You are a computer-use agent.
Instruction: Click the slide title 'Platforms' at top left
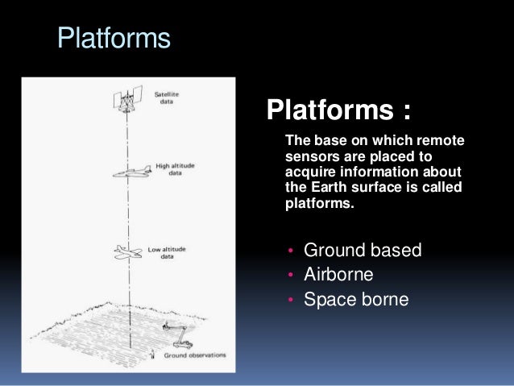point(113,39)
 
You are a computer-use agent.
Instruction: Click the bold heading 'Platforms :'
point(338,108)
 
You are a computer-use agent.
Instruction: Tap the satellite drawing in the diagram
point(126,101)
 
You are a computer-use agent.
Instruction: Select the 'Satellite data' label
point(167,98)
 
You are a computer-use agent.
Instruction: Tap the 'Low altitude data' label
point(168,253)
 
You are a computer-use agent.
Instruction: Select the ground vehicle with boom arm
point(176,330)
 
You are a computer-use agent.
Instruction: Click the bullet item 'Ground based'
point(362,250)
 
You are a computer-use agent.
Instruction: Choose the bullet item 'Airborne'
point(338,275)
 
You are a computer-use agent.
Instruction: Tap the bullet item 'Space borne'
point(356,300)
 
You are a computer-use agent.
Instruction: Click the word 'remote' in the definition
point(442,141)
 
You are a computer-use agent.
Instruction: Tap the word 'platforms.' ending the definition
point(319,204)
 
